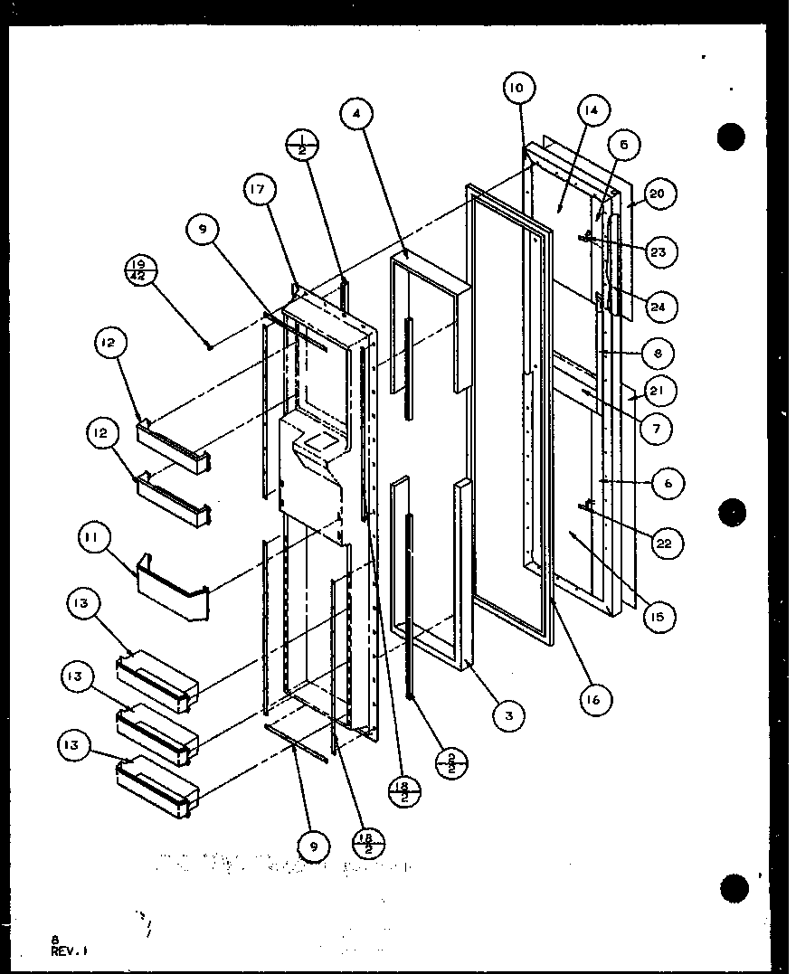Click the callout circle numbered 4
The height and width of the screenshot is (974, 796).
point(358,115)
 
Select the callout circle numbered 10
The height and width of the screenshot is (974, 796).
point(516,88)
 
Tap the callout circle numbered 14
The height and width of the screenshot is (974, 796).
point(591,112)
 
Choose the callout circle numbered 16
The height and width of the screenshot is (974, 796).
point(593,698)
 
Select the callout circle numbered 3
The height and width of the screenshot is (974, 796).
point(509,715)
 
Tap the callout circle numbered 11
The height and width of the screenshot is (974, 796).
point(96,545)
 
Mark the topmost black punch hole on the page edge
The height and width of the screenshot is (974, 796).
point(731,137)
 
